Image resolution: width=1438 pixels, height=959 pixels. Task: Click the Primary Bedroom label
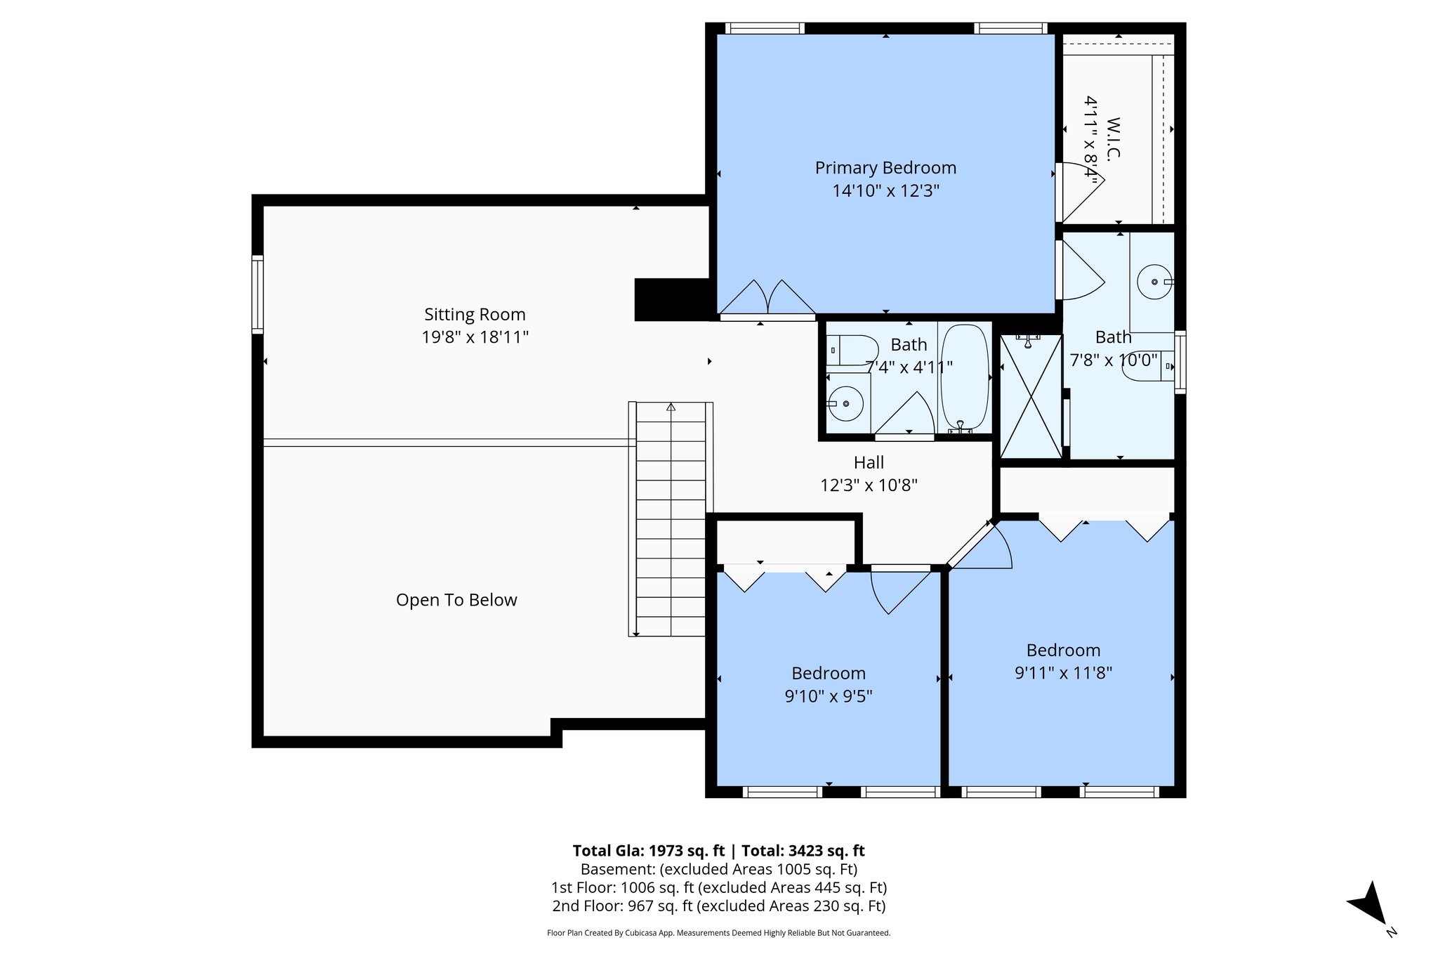(885, 168)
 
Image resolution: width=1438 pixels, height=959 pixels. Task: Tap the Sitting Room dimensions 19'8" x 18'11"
(475, 337)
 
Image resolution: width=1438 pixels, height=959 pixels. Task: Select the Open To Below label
(456, 600)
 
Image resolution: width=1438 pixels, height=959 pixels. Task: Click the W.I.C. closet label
(1113, 139)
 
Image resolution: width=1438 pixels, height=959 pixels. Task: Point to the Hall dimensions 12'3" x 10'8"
(869, 485)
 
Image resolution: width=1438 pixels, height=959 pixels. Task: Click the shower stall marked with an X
(1030, 397)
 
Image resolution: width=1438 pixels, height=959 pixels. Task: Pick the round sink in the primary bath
(1154, 282)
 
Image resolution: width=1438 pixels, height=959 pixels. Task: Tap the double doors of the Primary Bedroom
(767, 299)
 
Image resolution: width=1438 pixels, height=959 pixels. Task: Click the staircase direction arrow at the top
(671, 407)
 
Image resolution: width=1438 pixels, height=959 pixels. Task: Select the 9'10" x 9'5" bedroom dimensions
(828, 696)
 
